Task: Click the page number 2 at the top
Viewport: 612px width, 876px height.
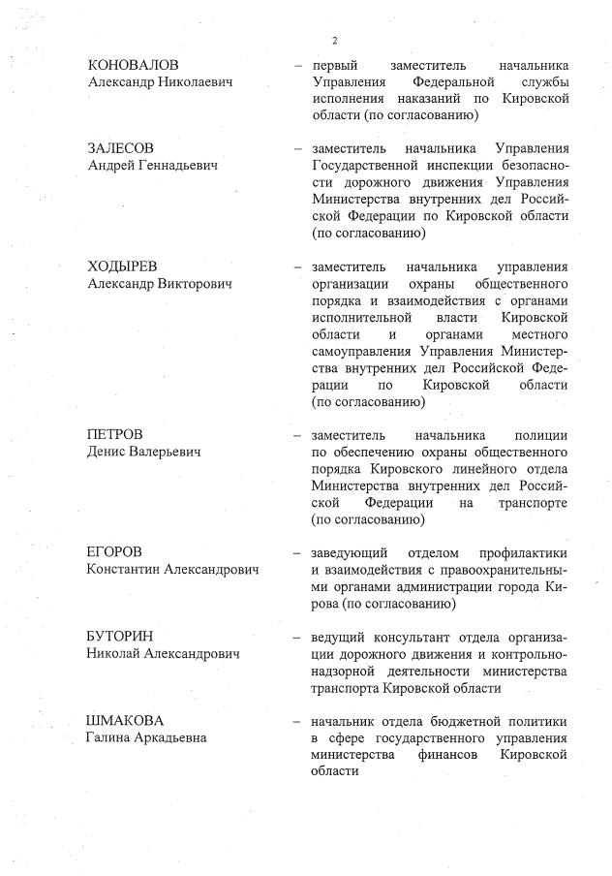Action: coord(334,40)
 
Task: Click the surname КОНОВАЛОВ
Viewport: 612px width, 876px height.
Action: coord(134,65)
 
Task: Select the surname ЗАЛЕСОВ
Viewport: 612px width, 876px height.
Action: coord(120,148)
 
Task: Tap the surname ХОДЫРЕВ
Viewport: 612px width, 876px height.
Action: coord(122,266)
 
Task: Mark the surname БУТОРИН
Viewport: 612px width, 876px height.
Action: coord(122,637)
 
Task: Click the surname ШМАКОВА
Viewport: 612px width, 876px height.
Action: coord(126,721)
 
